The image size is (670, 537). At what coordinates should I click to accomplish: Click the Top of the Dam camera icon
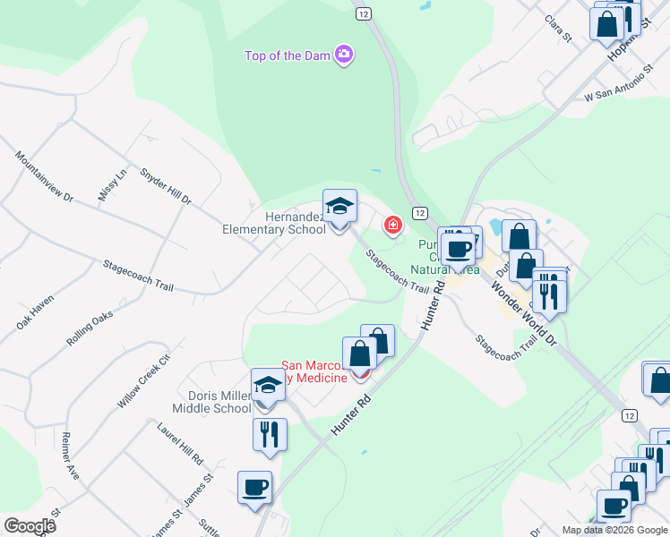click(343, 55)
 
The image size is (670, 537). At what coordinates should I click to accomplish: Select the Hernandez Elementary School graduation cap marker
click(339, 207)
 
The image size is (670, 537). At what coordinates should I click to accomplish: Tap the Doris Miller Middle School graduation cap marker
click(268, 386)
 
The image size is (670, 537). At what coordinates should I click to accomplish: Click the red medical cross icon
click(392, 225)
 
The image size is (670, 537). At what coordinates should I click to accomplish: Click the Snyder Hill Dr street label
click(166, 186)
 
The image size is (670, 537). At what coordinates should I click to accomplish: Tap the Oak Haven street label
click(35, 312)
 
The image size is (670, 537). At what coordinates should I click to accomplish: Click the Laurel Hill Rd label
click(184, 444)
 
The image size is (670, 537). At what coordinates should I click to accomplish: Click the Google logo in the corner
click(30, 526)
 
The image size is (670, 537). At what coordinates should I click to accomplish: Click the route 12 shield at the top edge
click(362, 13)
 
